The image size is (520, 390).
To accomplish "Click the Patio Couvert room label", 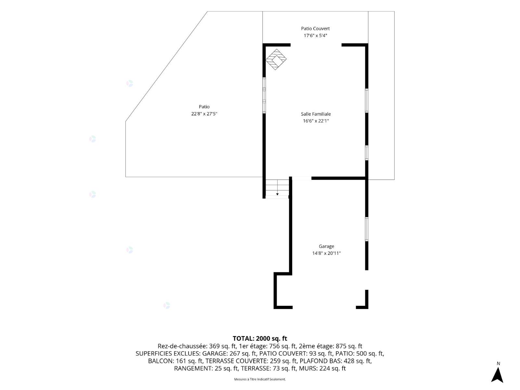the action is [x=315, y=29].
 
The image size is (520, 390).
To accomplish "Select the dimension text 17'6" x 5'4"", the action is [x=315, y=36].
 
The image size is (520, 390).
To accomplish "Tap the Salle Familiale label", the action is [x=316, y=114].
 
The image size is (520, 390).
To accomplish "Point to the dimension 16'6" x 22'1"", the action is [x=316, y=121].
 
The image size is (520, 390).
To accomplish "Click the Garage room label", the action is [x=326, y=246].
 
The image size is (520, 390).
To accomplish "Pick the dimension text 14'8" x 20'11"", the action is [x=326, y=253].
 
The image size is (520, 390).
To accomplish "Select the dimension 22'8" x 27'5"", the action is [x=204, y=114].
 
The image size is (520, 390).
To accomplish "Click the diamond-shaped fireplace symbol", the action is [x=276, y=59].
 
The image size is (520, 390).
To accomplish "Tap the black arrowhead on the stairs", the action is [x=277, y=194].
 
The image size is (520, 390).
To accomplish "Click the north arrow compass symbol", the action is [x=497, y=375].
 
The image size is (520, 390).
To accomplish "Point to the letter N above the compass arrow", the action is [x=498, y=363].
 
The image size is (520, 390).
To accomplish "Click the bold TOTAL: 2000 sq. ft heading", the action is [x=260, y=338].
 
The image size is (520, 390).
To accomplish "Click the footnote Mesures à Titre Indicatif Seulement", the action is [x=260, y=379].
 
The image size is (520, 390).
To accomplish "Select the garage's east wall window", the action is [x=367, y=229].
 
